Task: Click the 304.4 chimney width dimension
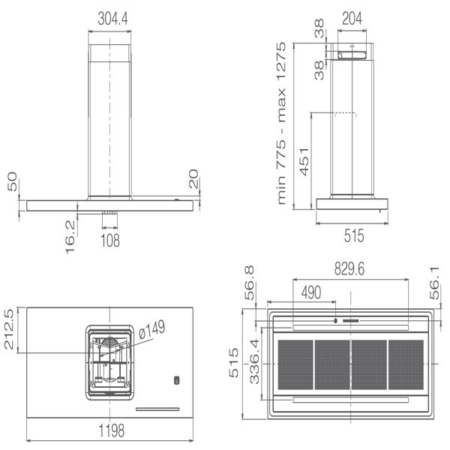(x=112, y=19)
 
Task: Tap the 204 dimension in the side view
(x=352, y=19)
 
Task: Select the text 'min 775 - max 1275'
(x=281, y=124)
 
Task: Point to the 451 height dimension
(x=304, y=161)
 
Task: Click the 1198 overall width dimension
(x=112, y=430)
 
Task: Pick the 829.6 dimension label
(x=349, y=269)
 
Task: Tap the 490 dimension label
(x=311, y=292)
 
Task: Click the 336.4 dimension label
(x=254, y=361)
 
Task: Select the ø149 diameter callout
(x=152, y=329)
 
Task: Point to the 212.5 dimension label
(x=9, y=329)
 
